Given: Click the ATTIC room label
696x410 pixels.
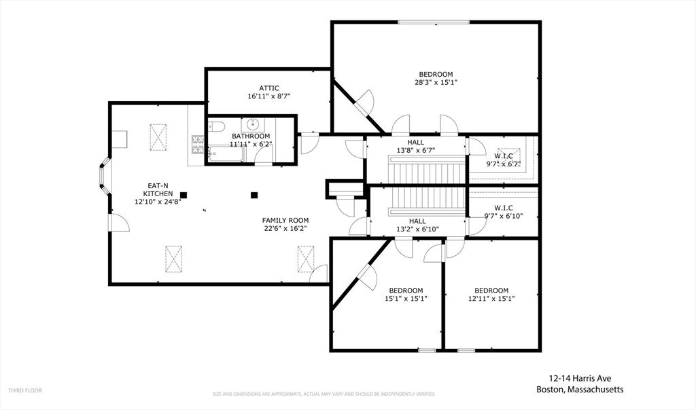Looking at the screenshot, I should (268, 88).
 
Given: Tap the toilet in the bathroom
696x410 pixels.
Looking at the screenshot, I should (216, 126).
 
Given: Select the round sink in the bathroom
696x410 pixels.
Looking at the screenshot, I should (253, 124).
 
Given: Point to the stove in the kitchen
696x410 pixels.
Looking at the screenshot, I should (198, 145).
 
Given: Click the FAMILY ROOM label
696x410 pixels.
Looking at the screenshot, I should (285, 220).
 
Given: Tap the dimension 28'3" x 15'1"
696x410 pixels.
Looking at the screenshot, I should (436, 83).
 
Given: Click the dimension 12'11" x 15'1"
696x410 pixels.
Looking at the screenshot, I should (491, 299).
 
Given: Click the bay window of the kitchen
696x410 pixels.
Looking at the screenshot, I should (104, 178).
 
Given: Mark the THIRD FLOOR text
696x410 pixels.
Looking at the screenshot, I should (25, 390).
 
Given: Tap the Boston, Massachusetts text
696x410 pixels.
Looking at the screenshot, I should (580, 390).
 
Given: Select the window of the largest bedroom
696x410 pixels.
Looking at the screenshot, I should (434, 22).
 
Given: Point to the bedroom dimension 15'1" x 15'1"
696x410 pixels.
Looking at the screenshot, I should (406, 299).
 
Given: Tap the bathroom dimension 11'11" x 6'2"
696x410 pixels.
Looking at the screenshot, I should (250, 144).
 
